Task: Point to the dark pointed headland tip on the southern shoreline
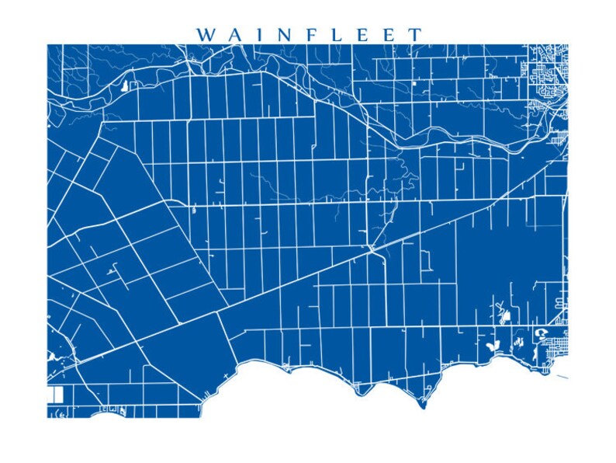click(423, 405)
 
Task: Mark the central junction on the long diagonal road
click(373, 248)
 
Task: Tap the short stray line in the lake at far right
click(562, 378)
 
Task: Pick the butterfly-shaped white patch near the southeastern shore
click(491, 342)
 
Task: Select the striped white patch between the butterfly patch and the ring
click(516, 339)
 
